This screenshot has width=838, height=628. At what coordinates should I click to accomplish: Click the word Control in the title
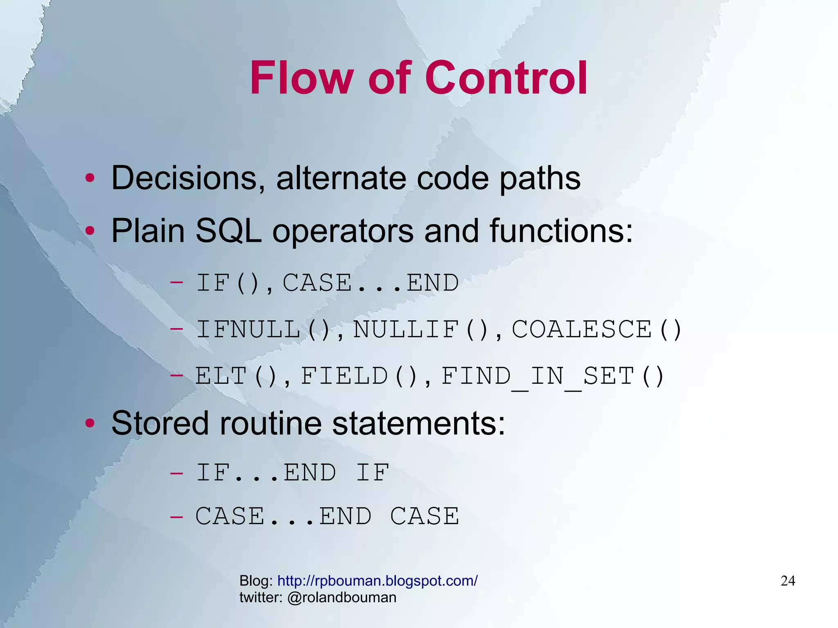pyautogui.click(x=507, y=78)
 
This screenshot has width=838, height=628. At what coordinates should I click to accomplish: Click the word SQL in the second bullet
pyautogui.click(x=228, y=231)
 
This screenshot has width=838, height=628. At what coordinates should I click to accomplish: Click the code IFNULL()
pyautogui.click(x=263, y=330)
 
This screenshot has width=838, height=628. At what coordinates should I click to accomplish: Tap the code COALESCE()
pyautogui.click(x=597, y=330)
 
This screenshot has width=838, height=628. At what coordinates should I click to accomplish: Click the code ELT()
pyautogui.click(x=236, y=376)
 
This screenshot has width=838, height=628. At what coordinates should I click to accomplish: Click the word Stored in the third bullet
pyautogui.click(x=160, y=423)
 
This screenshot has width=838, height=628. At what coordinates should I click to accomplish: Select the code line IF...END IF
pyautogui.click(x=292, y=473)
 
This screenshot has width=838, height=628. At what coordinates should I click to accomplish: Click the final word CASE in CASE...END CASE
pyautogui.click(x=424, y=516)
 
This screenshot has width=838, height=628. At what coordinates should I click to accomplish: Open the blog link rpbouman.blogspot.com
pyautogui.click(x=377, y=581)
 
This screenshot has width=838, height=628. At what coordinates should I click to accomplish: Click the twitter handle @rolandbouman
pyautogui.click(x=342, y=598)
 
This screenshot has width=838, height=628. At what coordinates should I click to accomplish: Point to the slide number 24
pyautogui.click(x=788, y=581)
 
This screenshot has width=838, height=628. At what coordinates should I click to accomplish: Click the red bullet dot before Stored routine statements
pyautogui.click(x=90, y=423)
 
